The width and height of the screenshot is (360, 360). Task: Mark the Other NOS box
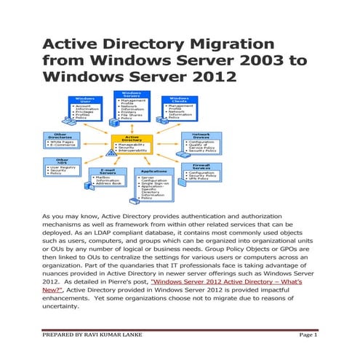pyautogui.click(x=63, y=167)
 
